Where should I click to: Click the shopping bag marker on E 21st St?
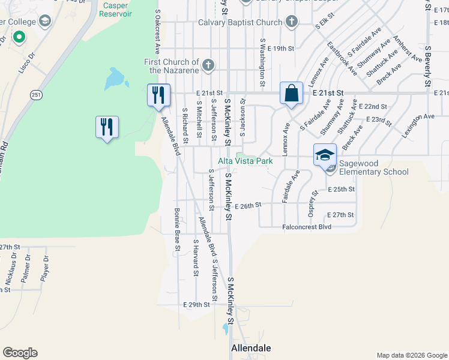pos(291,94)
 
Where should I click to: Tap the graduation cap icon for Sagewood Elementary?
pos(325,155)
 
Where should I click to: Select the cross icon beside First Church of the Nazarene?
pos(208,65)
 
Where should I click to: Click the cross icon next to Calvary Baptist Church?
pos(292,23)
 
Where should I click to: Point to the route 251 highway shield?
pos(37,95)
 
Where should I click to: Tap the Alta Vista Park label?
pos(245,161)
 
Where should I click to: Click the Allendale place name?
pos(251,348)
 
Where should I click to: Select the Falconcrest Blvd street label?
pos(307,227)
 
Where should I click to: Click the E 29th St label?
pos(196,305)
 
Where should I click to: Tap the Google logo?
pos(20,353)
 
